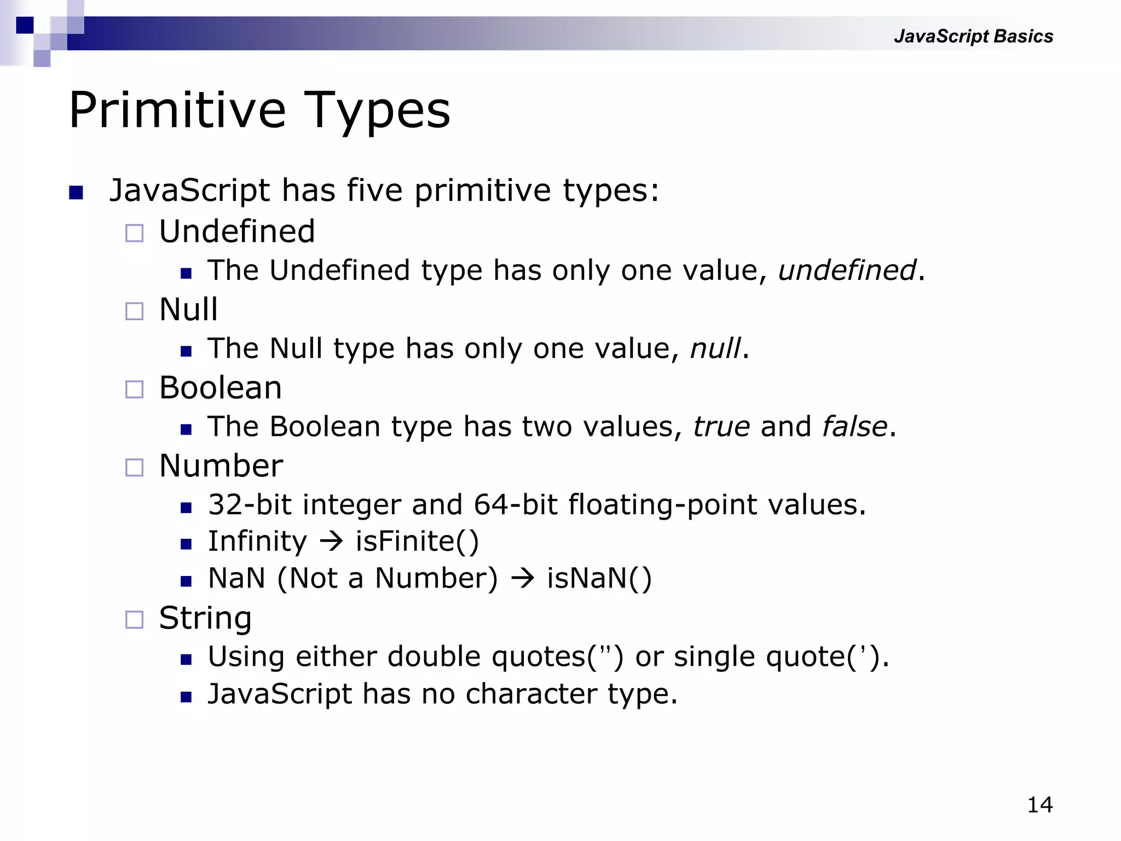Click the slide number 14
click(1039, 805)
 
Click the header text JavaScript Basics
click(973, 36)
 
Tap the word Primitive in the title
click(177, 111)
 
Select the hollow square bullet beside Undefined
click(134, 233)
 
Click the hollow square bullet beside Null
click(134, 312)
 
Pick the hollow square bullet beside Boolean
click(134, 389)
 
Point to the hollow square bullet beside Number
click(134, 468)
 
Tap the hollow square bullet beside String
click(134, 620)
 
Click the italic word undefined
click(847, 270)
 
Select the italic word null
click(715, 349)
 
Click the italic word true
click(721, 427)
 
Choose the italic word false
click(854, 427)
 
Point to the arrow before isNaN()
click(522, 579)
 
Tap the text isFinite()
click(417, 542)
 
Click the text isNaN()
click(599, 579)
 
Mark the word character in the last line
click(531, 694)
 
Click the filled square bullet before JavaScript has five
click(76, 193)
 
